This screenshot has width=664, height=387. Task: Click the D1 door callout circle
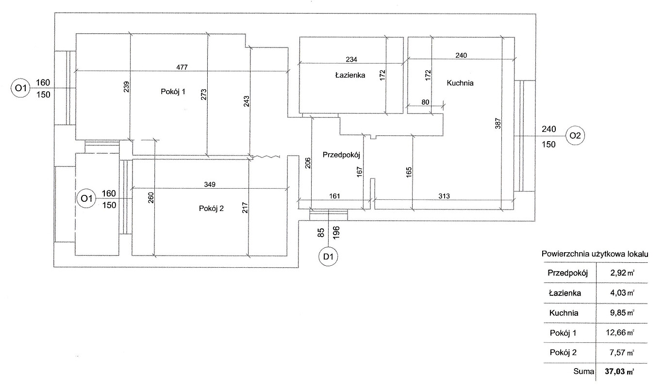point(329,257)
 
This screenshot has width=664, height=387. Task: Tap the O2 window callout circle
point(575,136)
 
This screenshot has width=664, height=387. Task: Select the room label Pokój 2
point(211,209)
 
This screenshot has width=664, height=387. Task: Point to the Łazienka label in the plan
point(349,75)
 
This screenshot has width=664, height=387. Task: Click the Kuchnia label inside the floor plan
point(460,83)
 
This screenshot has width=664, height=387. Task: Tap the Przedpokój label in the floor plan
point(340,155)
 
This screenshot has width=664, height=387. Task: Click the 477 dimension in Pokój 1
point(182,66)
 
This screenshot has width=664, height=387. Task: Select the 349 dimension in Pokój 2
point(210,184)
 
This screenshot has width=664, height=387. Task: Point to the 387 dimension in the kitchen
point(498,124)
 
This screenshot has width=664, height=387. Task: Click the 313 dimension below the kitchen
point(444,196)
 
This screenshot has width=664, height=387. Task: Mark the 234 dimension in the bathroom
point(351,60)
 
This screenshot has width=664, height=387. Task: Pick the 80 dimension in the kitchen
point(426,101)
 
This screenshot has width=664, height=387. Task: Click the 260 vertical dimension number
point(150,199)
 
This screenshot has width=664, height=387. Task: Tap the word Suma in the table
point(584,372)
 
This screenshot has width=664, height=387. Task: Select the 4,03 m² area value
point(621,293)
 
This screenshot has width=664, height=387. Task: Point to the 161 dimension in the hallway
point(335,196)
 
